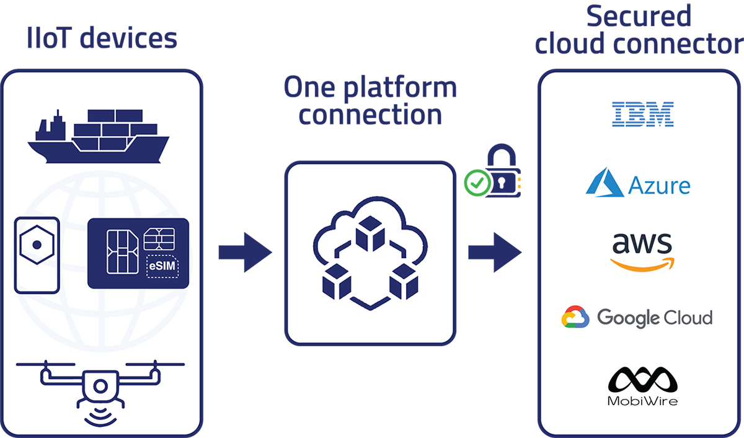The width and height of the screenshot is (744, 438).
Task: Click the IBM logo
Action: (x=642, y=115)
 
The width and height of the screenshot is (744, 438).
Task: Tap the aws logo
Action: (x=641, y=252)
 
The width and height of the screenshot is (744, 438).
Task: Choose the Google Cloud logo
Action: (x=637, y=318)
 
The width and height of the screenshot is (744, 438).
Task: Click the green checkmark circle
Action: (x=476, y=183)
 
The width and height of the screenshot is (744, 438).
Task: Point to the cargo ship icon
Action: (x=98, y=136)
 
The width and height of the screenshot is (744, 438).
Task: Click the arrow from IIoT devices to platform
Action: (x=245, y=253)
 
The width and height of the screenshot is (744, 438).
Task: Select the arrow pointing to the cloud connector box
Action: (x=494, y=253)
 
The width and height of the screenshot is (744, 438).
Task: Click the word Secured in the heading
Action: (x=639, y=16)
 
